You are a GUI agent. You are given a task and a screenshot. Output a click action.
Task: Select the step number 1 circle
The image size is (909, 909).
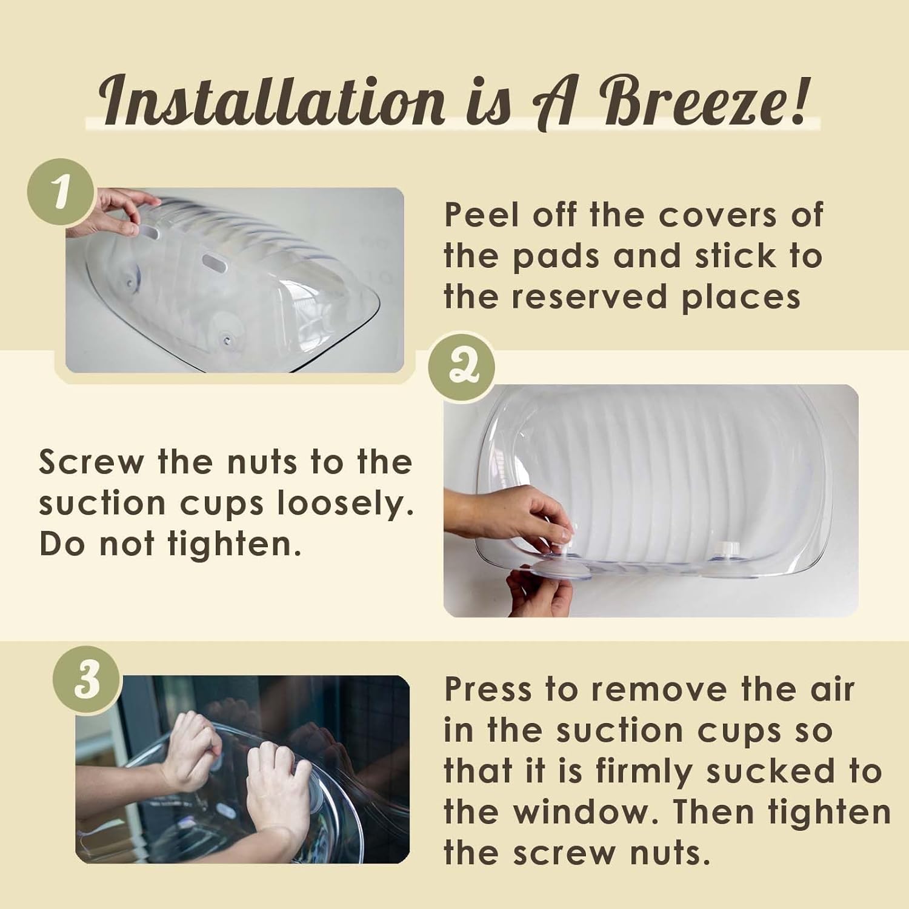coord(61,192)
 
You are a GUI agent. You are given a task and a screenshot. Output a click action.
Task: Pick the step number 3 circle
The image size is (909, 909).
coord(87,680)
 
